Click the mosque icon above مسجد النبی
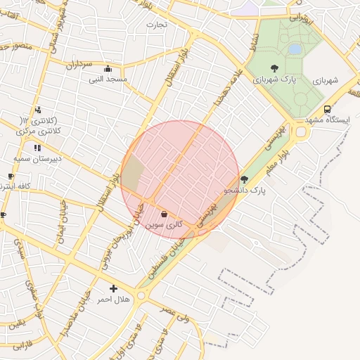108,69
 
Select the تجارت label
156,25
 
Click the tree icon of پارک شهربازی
274,68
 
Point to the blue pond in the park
295,49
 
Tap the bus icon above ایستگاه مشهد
328,109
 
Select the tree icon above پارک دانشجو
244,179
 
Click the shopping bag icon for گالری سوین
164,214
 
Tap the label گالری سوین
165,225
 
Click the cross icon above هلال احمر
113,288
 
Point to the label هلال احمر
113,300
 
